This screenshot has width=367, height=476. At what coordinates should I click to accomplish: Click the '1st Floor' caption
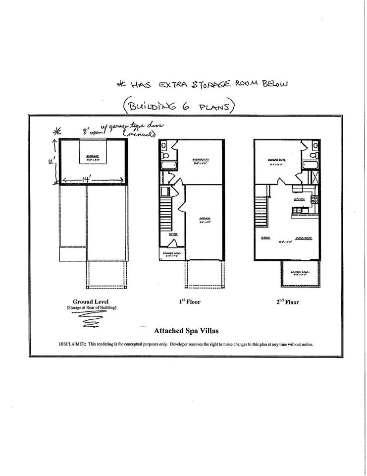[190, 301]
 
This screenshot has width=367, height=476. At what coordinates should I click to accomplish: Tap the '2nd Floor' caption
[288, 301]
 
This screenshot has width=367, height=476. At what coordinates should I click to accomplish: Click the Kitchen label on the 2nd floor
[299, 199]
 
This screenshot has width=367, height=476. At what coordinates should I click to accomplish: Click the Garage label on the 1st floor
[205, 219]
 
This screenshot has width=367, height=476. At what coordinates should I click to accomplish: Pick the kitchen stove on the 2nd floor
[313, 199]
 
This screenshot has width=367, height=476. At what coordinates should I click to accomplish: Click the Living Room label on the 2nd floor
[303, 238]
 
